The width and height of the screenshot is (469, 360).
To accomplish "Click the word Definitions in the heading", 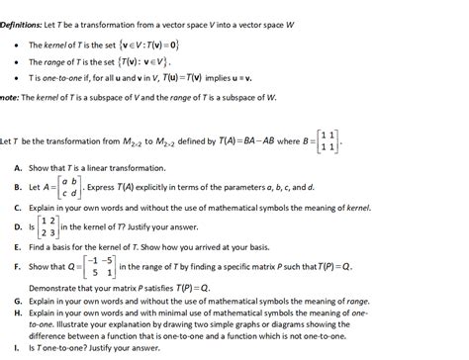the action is (x=25, y=7).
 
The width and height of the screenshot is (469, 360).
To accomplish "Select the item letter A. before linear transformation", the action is (x=20, y=167).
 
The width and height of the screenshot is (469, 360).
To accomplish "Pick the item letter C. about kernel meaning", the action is (x=20, y=209).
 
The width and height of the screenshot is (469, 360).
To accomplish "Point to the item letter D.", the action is (x=20, y=227).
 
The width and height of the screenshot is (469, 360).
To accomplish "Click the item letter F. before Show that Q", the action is (x=20, y=267).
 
